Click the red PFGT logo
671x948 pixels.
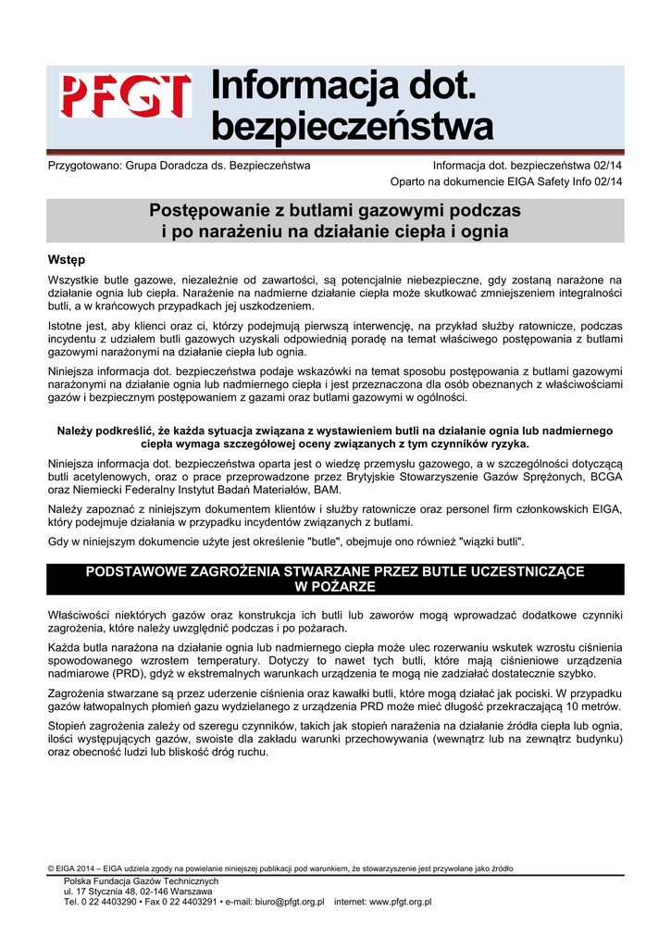click(x=126, y=96)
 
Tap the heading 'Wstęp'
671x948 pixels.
click(x=66, y=259)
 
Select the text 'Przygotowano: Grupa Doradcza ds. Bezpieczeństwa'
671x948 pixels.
click(x=179, y=166)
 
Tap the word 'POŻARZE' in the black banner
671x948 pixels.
click(x=335, y=587)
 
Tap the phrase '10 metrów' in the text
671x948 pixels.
click(x=591, y=706)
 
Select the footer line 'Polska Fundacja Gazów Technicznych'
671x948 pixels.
click(x=141, y=881)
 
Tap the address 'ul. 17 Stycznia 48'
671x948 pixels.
click(x=106, y=892)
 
